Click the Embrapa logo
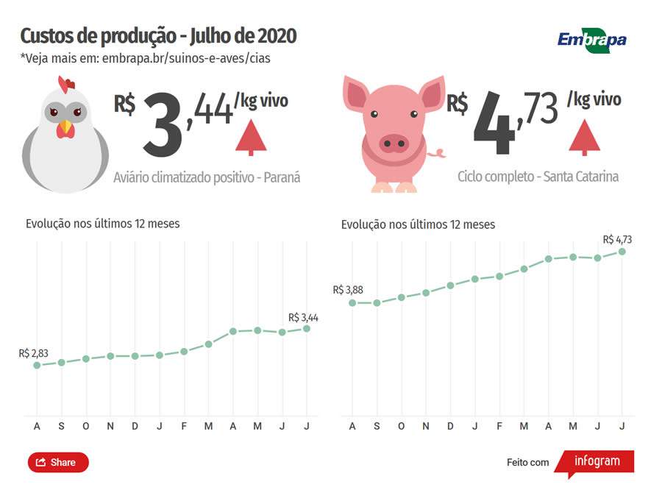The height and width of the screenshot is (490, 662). tap(591, 39)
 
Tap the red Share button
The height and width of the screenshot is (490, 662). tap(58, 462)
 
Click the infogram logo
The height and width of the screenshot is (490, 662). tap(595, 462)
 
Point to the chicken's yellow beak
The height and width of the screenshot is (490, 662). tap(66, 129)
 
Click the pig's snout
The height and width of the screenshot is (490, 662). tap(394, 142)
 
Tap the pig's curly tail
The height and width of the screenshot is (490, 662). tap(439, 153)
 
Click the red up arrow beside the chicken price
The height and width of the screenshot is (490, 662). tap(251, 137)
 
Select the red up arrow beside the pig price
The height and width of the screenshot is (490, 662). tap(585, 137)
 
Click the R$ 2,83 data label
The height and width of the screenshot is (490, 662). tap(34, 354)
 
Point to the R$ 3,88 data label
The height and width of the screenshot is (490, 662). tap(348, 290)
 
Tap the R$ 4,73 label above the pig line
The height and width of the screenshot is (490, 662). tap(617, 239)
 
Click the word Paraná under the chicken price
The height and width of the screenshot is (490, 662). tap(282, 177)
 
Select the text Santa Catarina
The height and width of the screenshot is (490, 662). tap(580, 177)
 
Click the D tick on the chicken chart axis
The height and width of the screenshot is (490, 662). tap(135, 427)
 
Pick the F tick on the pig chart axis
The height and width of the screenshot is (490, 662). tap(499, 427)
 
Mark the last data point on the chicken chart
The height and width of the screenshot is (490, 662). tap(307, 328)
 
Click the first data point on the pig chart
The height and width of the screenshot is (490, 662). tap(352, 302)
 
